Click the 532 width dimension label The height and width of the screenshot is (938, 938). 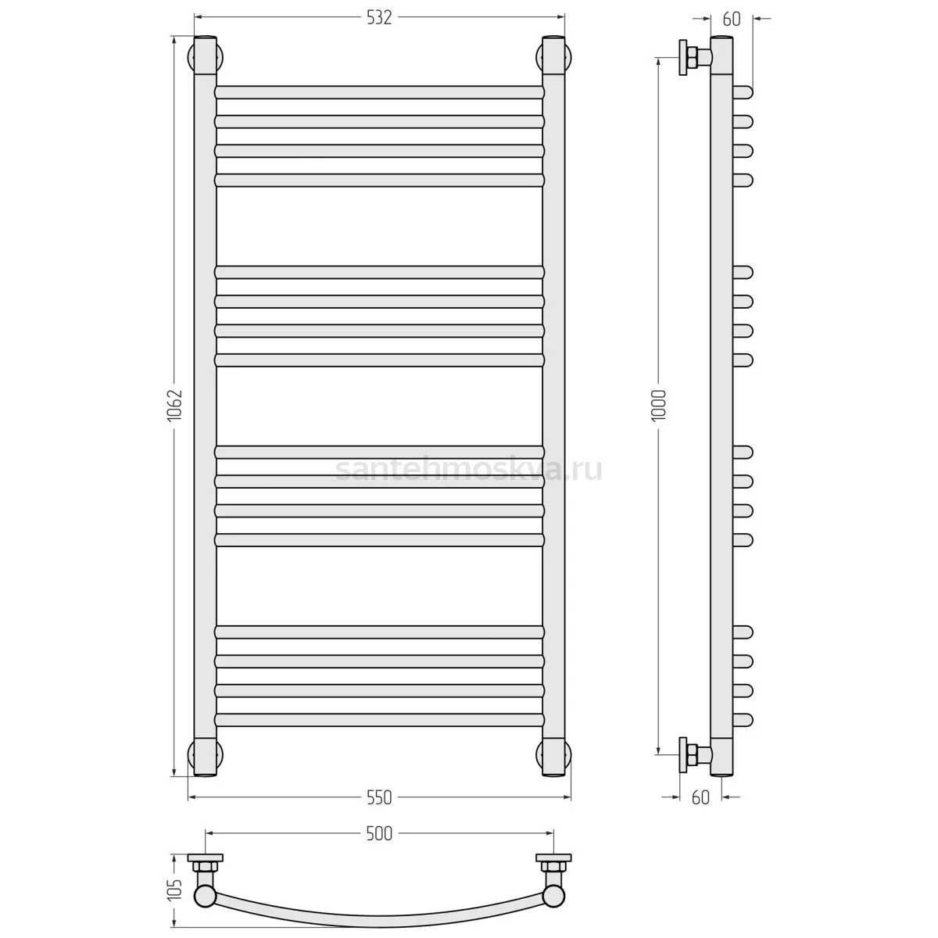[x=378, y=17]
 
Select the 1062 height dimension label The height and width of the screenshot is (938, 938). [x=174, y=405]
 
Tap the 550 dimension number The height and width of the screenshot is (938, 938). [x=378, y=797]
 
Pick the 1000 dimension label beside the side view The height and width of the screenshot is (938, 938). [x=658, y=405]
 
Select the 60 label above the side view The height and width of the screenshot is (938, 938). [x=732, y=19]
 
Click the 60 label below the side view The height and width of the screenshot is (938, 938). [x=700, y=797]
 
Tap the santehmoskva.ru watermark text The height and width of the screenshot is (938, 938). [x=469, y=470]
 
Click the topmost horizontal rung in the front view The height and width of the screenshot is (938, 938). [x=379, y=92]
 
